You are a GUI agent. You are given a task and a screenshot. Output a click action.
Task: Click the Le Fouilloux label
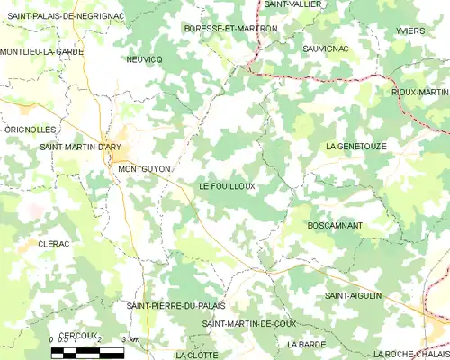point(227,186)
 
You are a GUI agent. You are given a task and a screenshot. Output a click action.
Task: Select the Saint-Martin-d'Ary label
point(80,146)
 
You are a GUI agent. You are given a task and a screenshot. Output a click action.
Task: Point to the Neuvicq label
point(144,58)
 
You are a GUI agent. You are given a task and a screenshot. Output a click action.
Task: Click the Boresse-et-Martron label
point(230,29)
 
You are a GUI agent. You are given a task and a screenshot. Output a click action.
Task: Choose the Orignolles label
point(31,130)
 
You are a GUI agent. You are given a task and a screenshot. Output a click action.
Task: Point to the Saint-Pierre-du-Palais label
point(175,306)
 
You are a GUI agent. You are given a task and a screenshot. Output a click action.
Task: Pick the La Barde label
point(306,344)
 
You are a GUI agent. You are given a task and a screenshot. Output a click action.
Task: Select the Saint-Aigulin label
point(354,295)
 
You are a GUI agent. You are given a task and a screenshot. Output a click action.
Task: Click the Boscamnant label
point(335,224)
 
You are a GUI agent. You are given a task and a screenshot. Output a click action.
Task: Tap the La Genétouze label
point(355,145)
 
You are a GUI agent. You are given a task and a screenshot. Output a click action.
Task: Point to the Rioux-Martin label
point(419,92)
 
